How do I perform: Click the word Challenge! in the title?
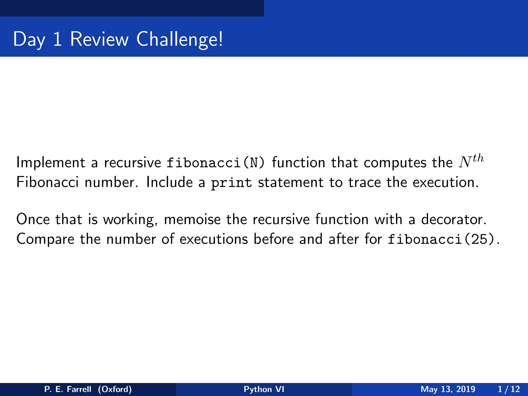click(x=179, y=39)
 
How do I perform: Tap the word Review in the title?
click(x=99, y=39)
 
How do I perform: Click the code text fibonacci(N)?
click(x=216, y=163)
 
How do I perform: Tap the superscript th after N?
click(x=478, y=158)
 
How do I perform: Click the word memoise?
click(x=192, y=219)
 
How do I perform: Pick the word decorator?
click(x=454, y=219)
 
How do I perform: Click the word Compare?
click(x=45, y=239)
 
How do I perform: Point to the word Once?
click(x=33, y=219)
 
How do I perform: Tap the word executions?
click(x=214, y=239)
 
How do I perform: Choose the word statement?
click(x=291, y=183)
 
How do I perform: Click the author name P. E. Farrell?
click(x=68, y=389)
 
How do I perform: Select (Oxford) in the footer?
click(x=115, y=389)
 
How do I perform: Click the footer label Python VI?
click(x=264, y=389)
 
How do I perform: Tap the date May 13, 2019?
click(x=448, y=389)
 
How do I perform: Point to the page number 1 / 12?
click(x=509, y=389)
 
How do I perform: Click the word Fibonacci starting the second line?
click(x=47, y=183)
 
